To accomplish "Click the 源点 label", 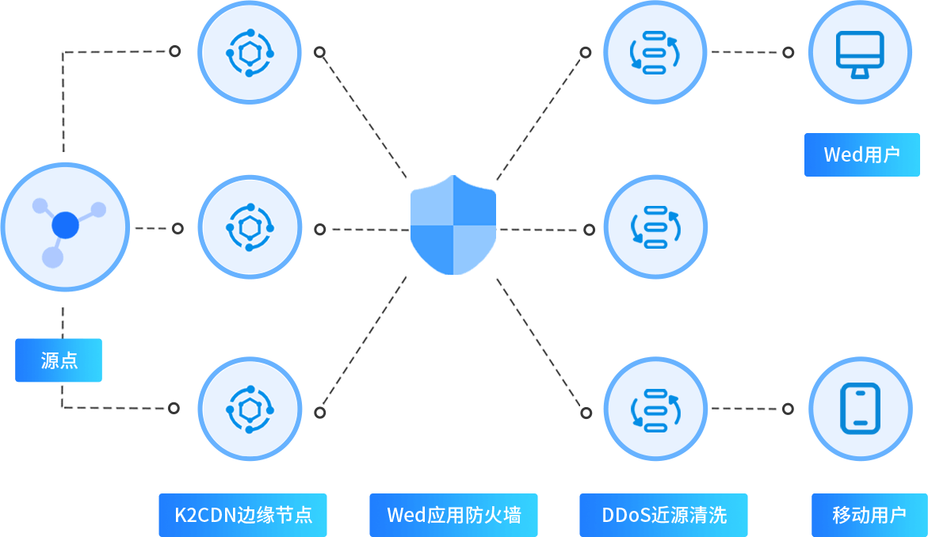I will [59, 360].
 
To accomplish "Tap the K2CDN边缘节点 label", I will [243, 515].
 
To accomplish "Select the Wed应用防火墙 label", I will [453, 515].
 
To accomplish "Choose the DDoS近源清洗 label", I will [663, 515].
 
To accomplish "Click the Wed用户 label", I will [861, 154].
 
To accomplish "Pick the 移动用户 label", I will [869, 515].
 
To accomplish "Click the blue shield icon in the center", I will [453, 225].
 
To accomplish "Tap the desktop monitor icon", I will [860, 52].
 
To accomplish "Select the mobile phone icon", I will [860, 408].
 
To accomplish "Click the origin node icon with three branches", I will [65, 227].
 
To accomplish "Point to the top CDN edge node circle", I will [250, 52].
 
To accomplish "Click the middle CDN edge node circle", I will [250, 228].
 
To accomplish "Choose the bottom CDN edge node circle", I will [250, 409].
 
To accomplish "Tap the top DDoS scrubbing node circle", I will [655, 52].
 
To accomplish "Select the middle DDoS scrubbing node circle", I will [655, 227].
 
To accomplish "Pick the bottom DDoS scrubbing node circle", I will [655, 409].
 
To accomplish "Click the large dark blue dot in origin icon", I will [65, 227].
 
